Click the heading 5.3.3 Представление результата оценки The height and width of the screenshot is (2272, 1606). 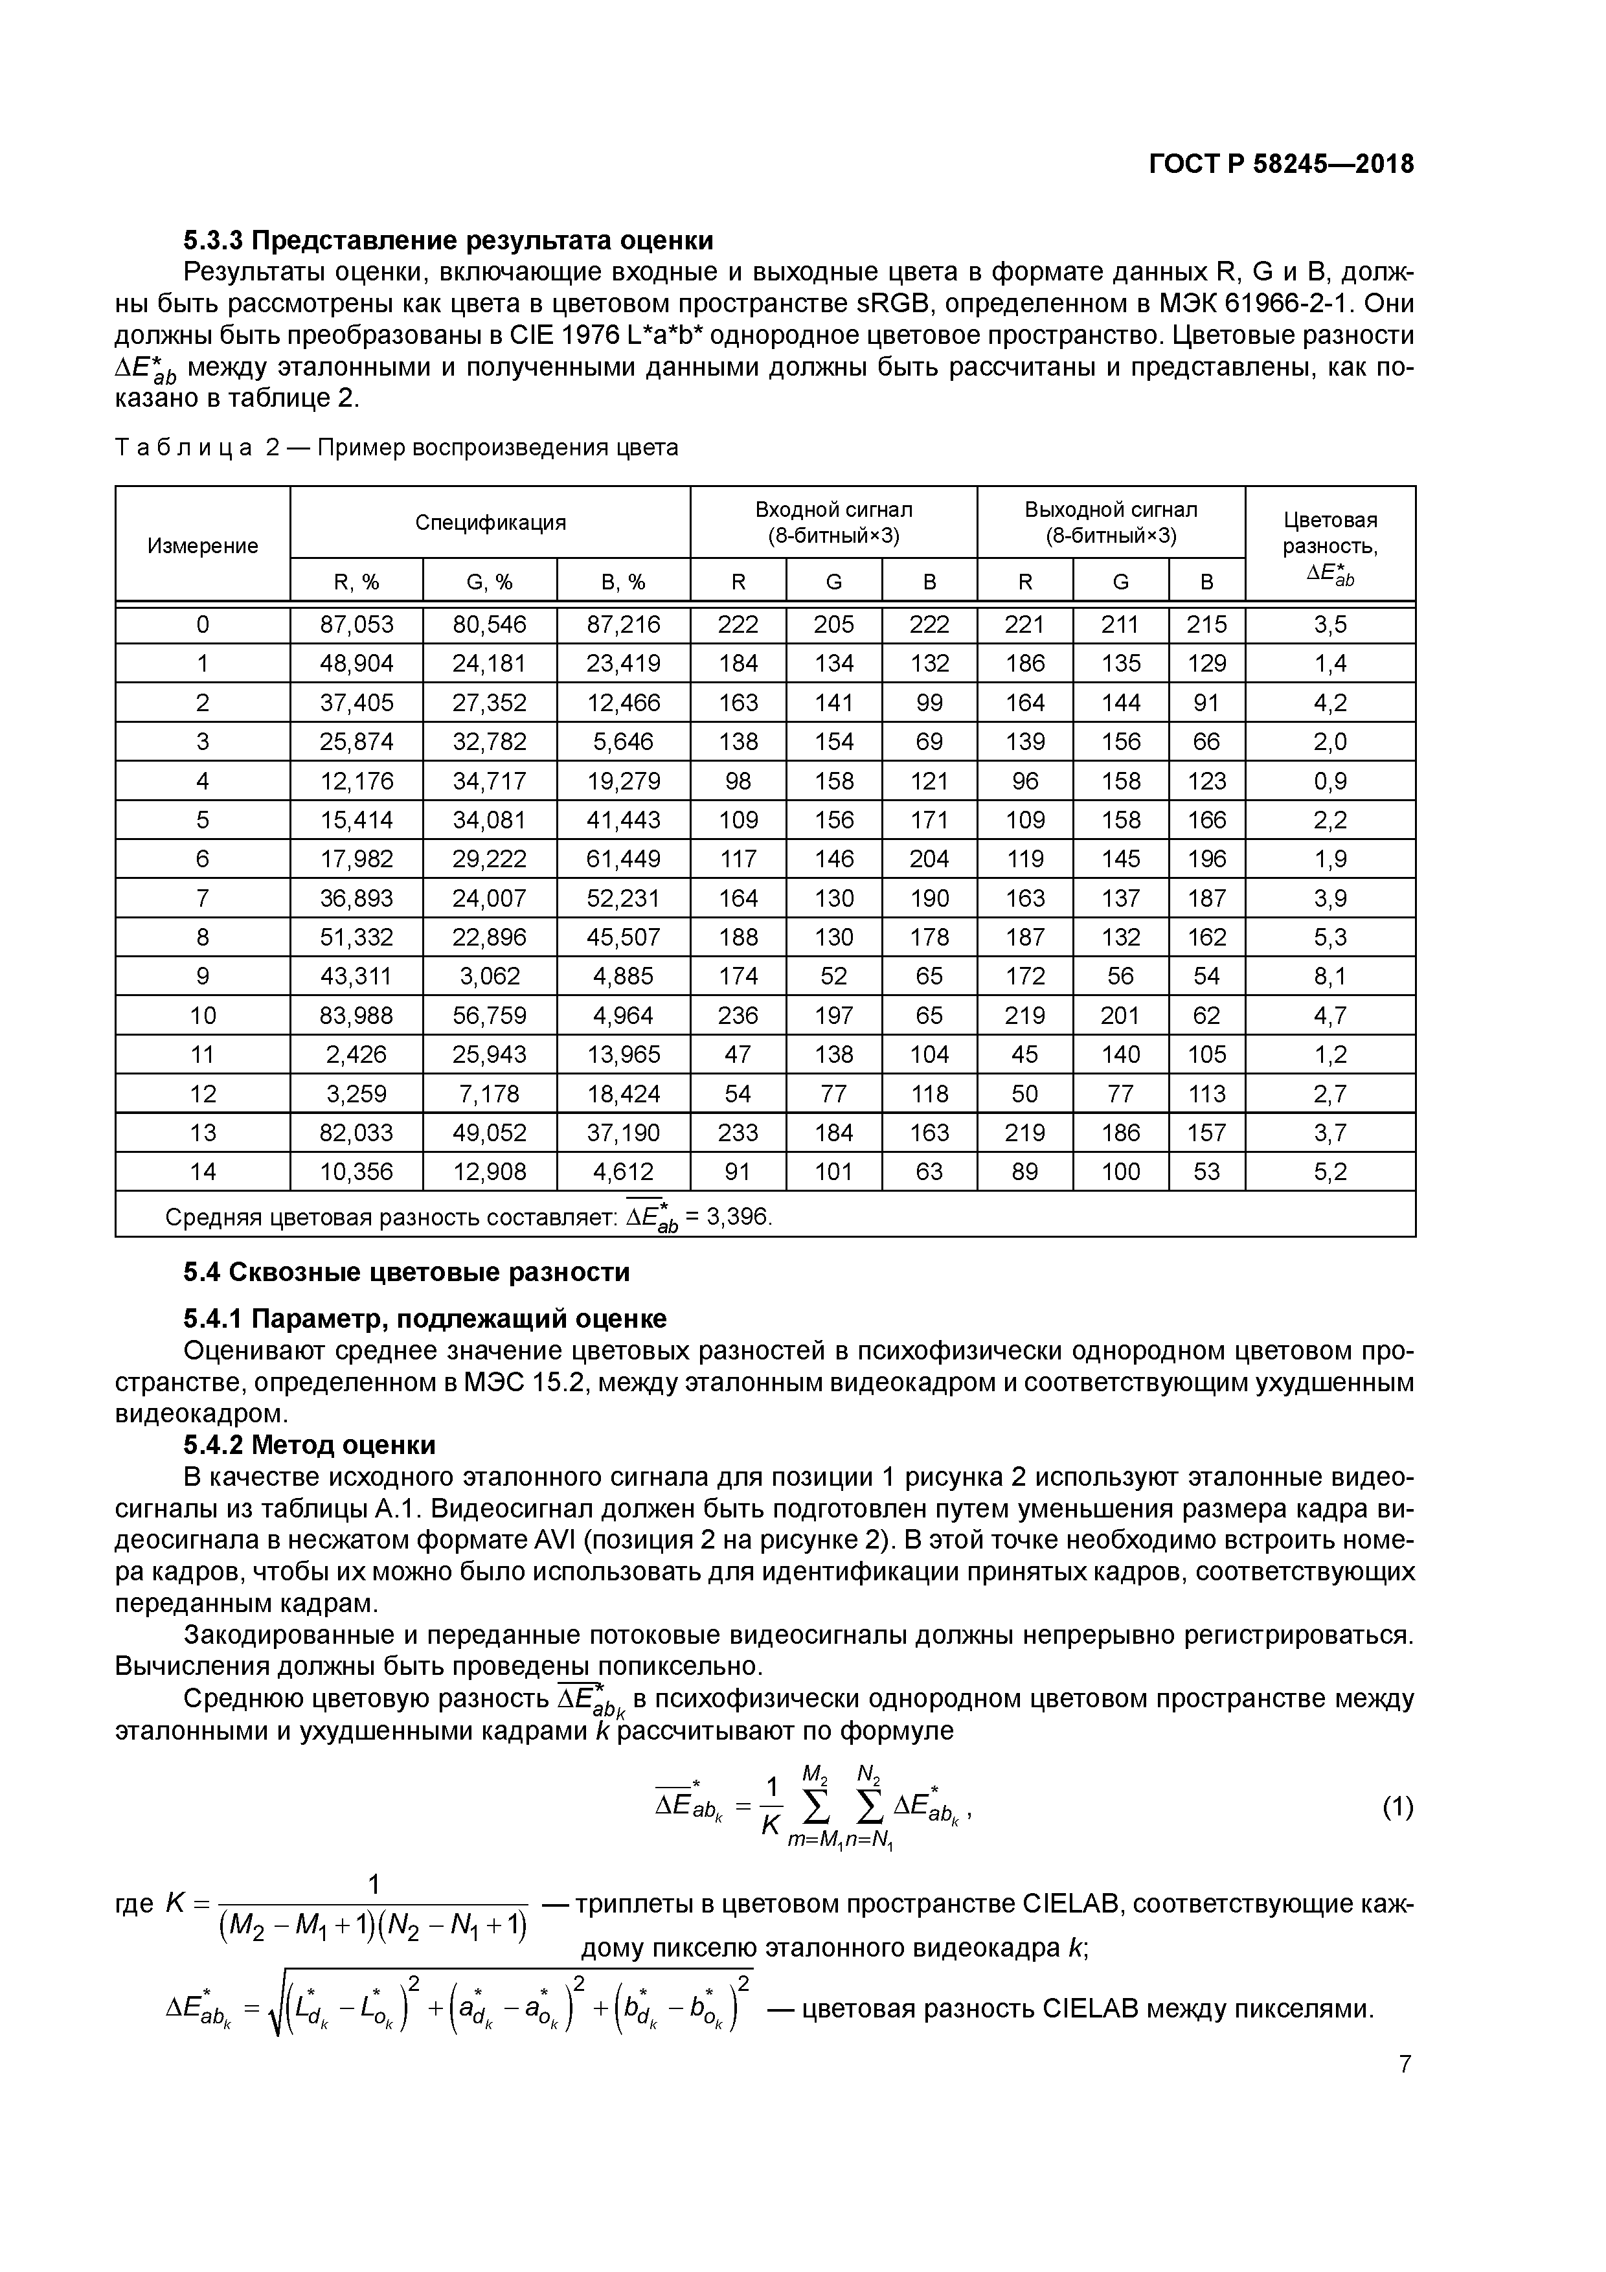pos(447,240)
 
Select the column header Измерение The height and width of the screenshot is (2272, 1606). pos(203,545)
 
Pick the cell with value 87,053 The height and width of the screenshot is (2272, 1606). pos(356,624)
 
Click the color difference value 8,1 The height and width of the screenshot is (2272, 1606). pos(1330,975)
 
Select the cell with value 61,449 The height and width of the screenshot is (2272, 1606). pos(624,859)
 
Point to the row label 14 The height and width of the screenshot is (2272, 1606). pos(203,1172)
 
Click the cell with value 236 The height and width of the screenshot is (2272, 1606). pos(738,1016)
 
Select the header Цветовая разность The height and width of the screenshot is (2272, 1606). pos(1330,532)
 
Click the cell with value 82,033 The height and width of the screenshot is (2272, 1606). pos(356,1133)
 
